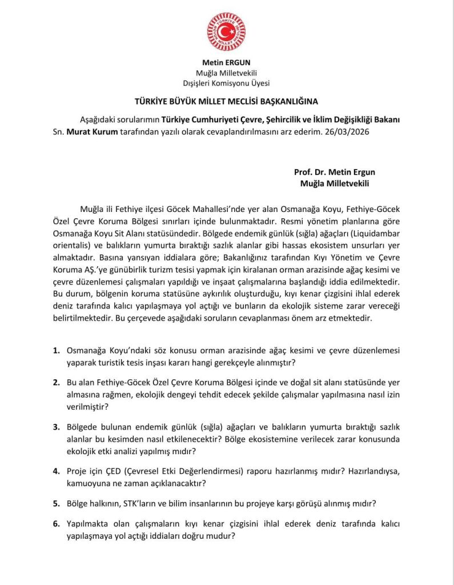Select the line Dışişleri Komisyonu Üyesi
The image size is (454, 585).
click(x=227, y=83)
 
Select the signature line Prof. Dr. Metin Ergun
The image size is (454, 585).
click(x=335, y=172)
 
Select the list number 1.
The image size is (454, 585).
click(x=56, y=350)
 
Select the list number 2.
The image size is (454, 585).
click(x=56, y=382)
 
